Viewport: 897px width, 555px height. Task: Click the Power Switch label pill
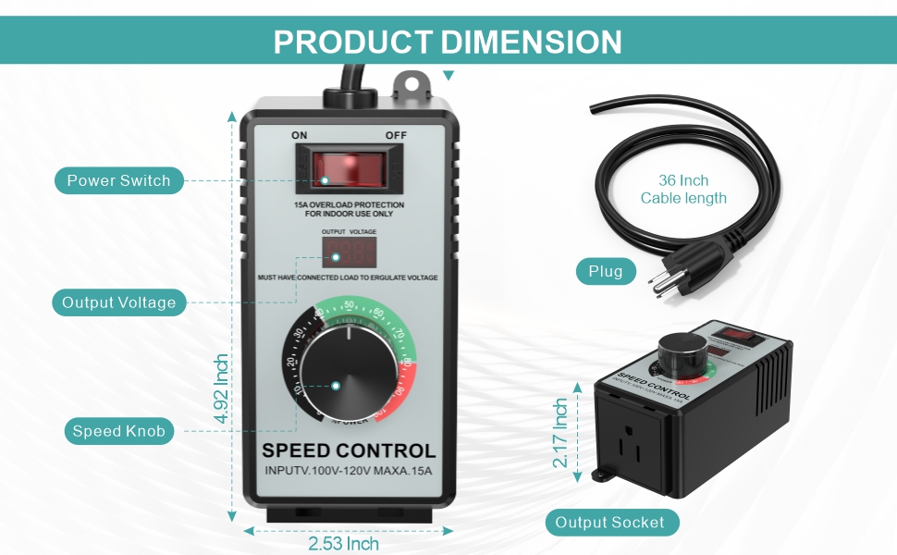[118, 180]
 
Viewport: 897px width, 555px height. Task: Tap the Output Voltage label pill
[118, 302]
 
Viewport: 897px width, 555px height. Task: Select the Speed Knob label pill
[118, 431]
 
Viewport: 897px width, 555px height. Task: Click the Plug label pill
[607, 271]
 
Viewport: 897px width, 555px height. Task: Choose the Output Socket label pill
[609, 523]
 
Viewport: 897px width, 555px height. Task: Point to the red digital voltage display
[349, 251]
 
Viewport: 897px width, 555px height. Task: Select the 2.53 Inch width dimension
[343, 544]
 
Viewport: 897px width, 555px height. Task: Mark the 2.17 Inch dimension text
[561, 433]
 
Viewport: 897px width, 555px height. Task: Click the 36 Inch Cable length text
[683, 190]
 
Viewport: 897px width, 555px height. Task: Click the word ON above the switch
[300, 135]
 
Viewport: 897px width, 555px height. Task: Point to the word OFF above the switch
[396, 135]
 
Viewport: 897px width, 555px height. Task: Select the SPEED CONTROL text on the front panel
[349, 451]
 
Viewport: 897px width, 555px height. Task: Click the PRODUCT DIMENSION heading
[448, 43]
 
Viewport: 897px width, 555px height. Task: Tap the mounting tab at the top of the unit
[412, 85]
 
